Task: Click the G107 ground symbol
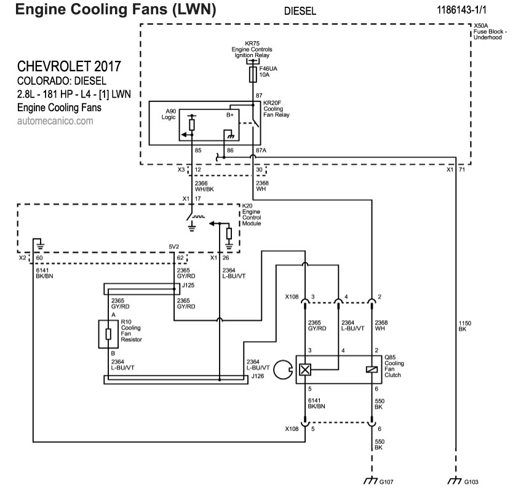371,481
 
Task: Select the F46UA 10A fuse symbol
252,75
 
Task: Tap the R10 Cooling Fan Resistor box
109,334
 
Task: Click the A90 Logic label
170,114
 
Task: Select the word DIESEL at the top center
300,11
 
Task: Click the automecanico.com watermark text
55,121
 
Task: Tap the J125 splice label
188,285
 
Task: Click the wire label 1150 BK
466,326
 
